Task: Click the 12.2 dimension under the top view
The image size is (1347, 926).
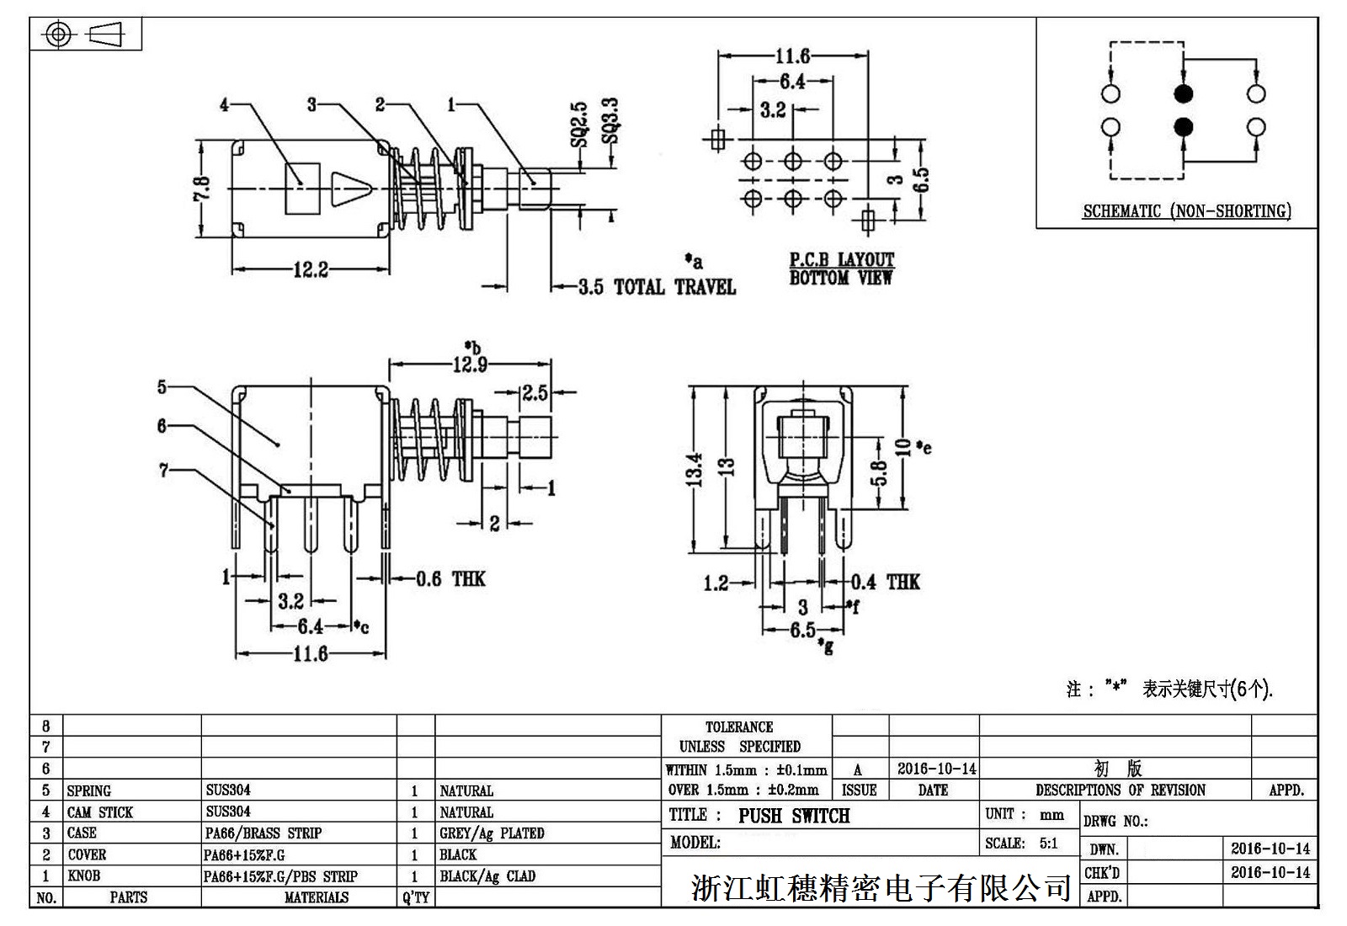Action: [310, 270]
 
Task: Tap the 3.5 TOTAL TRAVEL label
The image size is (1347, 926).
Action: [658, 288]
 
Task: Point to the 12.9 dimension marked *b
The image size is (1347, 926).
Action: [470, 365]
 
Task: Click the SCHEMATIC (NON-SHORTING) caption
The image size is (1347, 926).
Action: [1186, 211]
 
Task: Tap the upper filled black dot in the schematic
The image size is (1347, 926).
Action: [1184, 93]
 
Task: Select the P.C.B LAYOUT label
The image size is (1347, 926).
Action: [841, 260]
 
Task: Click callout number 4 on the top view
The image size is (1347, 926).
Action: [224, 104]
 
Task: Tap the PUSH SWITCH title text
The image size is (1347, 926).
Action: [794, 816]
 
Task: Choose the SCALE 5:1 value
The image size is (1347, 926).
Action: [1047, 844]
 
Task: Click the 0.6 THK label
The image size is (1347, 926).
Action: [450, 579]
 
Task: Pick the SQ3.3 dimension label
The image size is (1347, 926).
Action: [610, 123]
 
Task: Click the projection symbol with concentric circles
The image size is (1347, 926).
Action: [57, 35]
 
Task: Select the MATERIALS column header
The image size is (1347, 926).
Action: [316, 897]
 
